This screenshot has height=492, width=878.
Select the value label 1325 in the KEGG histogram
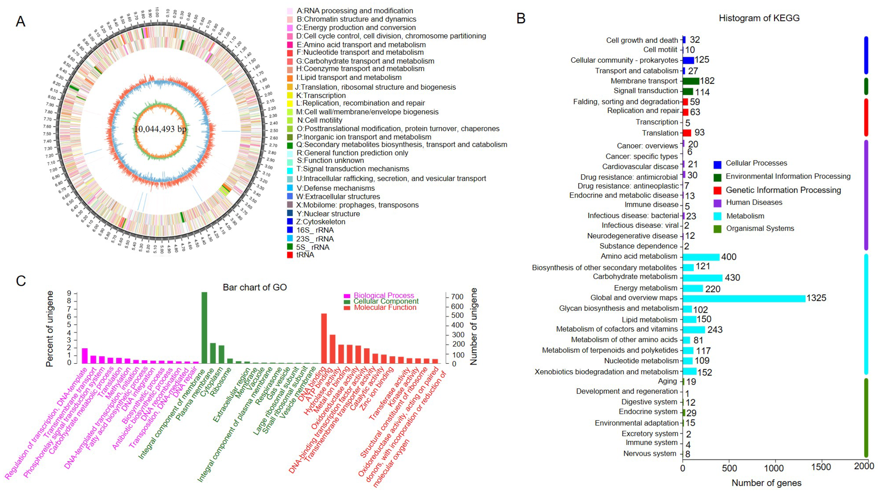[816, 298]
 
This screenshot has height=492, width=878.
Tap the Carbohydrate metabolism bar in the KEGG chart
[702, 277]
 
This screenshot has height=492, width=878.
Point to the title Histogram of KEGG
[759, 18]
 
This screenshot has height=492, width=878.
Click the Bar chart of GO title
[255, 287]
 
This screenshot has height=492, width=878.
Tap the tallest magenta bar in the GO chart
[85, 355]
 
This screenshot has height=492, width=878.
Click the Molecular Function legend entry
[385, 307]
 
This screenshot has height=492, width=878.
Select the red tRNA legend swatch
[290, 255]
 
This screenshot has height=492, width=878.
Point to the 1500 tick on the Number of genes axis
[821, 467]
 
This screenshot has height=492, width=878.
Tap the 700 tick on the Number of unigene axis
[457, 297]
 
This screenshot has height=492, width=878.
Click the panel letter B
[521, 18]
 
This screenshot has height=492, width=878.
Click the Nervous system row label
[650, 453]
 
